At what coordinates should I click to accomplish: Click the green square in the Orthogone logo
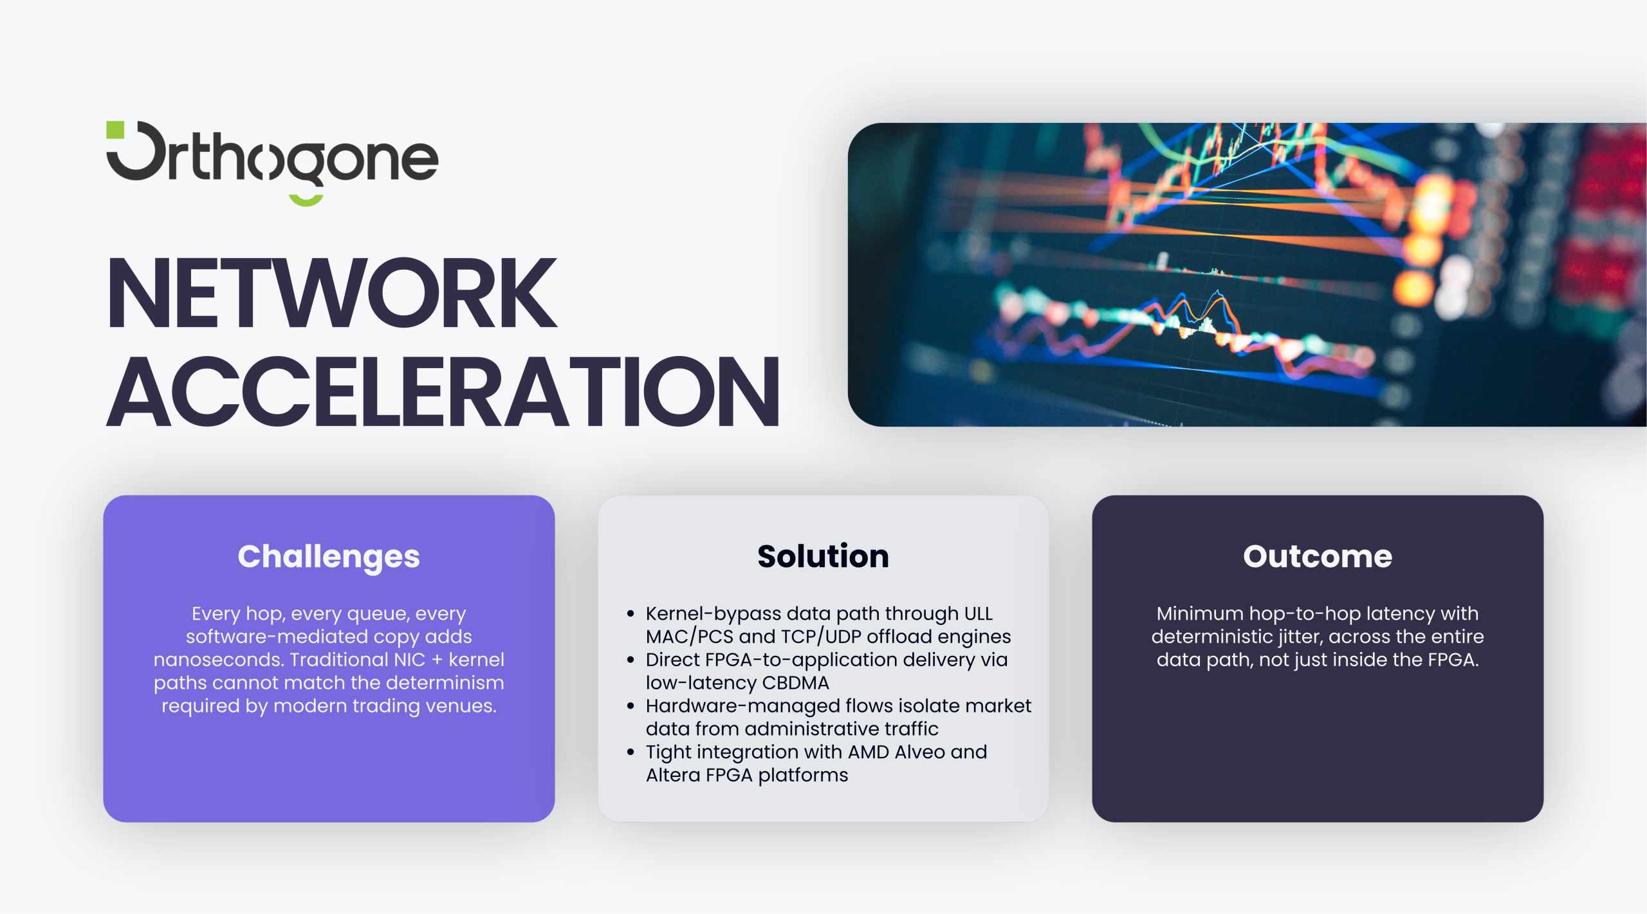click(115, 129)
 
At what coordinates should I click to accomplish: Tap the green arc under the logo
click(306, 200)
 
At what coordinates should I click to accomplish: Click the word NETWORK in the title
click(332, 292)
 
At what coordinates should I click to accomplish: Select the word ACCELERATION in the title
click(443, 391)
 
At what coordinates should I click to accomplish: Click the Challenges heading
click(329, 557)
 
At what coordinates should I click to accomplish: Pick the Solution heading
click(823, 556)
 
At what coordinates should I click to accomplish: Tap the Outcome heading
click(1318, 556)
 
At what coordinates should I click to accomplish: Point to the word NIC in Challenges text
click(410, 659)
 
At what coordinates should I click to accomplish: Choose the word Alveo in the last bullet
click(921, 752)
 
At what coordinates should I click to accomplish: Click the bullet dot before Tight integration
click(630, 752)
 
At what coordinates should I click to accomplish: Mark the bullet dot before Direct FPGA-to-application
click(630, 660)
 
